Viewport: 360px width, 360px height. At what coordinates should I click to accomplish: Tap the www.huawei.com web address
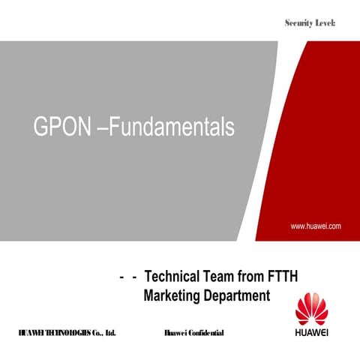click(x=316, y=225)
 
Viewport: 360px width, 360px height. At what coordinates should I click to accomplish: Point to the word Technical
click(x=174, y=277)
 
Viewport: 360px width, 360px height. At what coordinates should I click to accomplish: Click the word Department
click(x=235, y=295)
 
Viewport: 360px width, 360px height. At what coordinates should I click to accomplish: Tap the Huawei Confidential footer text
click(x=193, y=332)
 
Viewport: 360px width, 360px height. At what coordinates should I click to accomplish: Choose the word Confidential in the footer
click(x=205, y=332)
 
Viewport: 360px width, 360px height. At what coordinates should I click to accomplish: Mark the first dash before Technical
click(x=121, y=277)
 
